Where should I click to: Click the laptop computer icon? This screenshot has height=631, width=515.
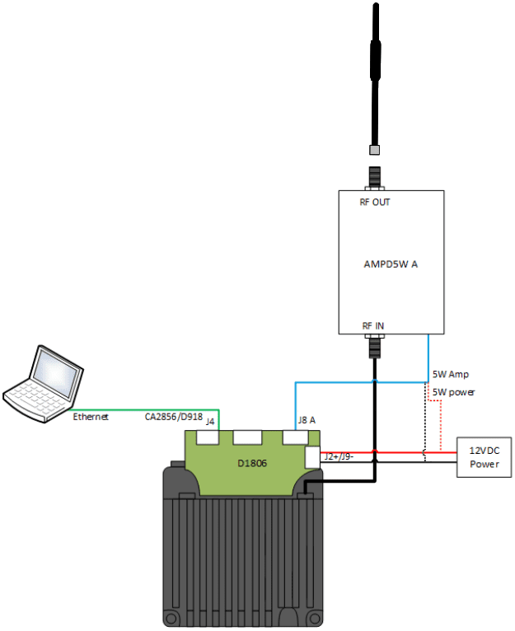pos(45,383)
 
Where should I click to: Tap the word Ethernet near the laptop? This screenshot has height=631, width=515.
pos(91,418)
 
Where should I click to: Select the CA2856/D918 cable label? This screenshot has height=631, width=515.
pos(173,416)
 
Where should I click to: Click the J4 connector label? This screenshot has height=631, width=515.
pos(210,422)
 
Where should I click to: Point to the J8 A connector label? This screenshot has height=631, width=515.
pos(306,420)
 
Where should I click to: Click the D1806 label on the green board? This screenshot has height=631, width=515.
pos(252,464)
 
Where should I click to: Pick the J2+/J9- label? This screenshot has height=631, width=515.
pos(339,455)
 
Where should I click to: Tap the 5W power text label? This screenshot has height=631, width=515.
pos(453,391)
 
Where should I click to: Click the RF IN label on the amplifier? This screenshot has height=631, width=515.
pos(373,326)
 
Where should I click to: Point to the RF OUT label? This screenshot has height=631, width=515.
pos(375,202)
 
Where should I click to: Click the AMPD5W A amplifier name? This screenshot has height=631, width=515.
pos(391,264)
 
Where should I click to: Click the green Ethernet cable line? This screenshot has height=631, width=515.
pos(148,409)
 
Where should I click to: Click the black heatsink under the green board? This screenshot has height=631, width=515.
pos(239,560)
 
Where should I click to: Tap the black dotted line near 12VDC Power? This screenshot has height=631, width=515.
pos(425,428)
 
